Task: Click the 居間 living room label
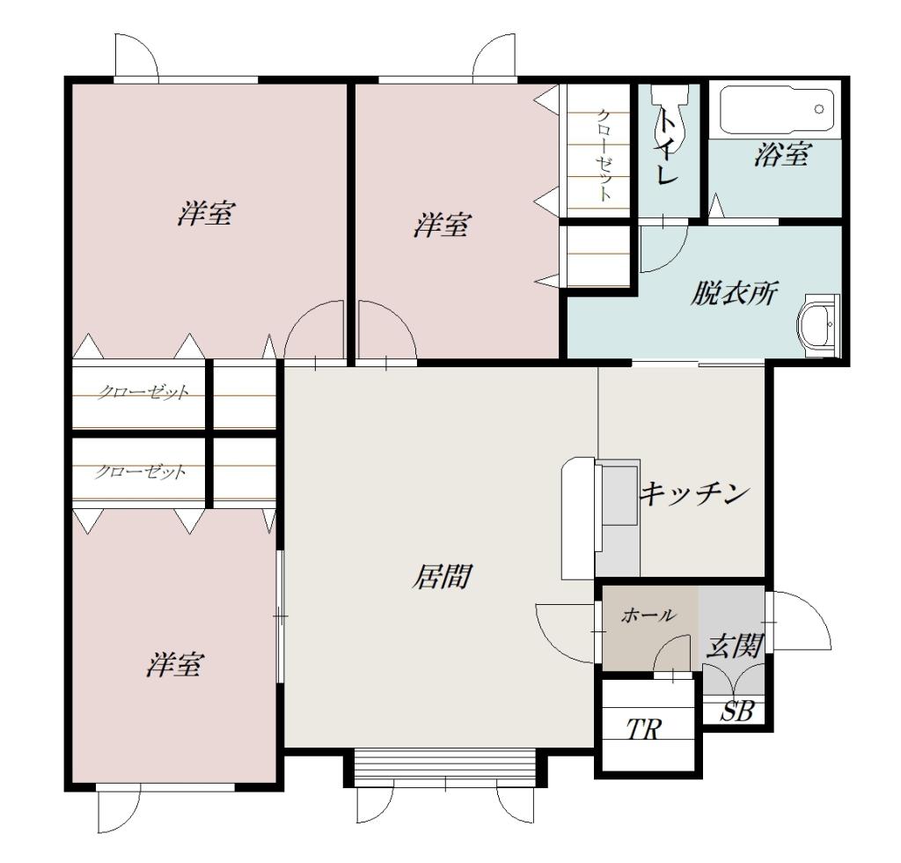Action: tap(443, 577)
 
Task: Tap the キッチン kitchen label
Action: tap(695, 493)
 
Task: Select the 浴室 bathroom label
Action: tap(782, 154)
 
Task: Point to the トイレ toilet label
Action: tap(667, 147)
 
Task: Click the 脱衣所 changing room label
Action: tap(733, 293)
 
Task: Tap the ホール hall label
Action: tap(648, 616)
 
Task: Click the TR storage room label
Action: tap(643, 729)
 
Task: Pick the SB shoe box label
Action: tap(737, 712)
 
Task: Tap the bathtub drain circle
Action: tap(819, 109)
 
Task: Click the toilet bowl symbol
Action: tap(669, 115)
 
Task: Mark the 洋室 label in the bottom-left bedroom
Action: tap(173, 665)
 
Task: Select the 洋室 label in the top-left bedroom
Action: tap(206, 213)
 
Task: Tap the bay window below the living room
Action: tap(444, 768)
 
